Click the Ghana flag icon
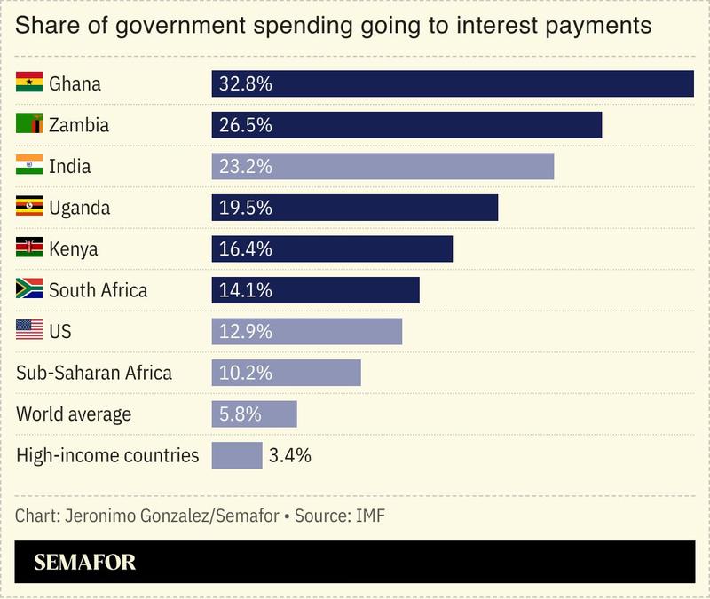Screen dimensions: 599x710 click(x=29, y=84)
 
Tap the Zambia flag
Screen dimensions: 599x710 click(x=29, y=125)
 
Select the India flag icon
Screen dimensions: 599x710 click(x=29, y=166)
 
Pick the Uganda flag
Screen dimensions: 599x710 click(x=29, y=208)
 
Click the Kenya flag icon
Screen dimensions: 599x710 click(x=29, y=248)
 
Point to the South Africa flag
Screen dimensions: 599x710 click(x=29, y=290)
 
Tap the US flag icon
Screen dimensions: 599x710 click(x=29, y=331)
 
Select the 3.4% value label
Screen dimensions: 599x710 click(x=289, y=455)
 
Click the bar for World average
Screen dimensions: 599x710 click(x=254, y=414)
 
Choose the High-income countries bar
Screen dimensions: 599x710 click(x=237, y=455)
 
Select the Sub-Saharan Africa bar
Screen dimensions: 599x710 click(x=286, y=373)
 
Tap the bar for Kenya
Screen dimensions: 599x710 click(x=332, y=249)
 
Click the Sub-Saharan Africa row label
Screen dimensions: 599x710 click(x=94, y=373)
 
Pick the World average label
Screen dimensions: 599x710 click(x=74, y=414)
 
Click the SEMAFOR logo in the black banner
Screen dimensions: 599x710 click(x=84, y=563)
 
